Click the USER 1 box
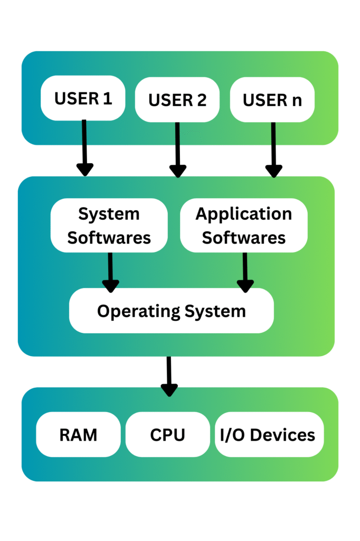pyautogui.click(x=83, y=98)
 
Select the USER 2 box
pyautogui.click(x=177, y=100)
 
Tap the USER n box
pyautogui.click(x=272, y=100)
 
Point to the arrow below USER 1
pyautogui.click(x=84, y=148)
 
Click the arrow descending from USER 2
pyautogui.click(x=177, y=151)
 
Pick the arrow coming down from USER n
pyautogui.click(x=273, y=151)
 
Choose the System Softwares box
pyautogui.click(x=109, y=226)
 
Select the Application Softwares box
pyautogui.click(x=243, y=226)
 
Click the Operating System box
pyautogui.click(x=172, y=311)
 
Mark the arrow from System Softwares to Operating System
pyautogui.click(x=110, y=272)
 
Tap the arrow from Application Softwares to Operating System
pyautogui.click(x=245, y=272)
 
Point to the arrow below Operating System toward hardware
pyautogui.click(x=169, y=376)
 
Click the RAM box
pyautogui.click(x=78, y=435)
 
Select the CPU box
pyautogui.click(x=167, y=435)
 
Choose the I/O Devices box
pyautogui.click(x=268, y=435)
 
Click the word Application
pyautogui.click(x=243, y=214)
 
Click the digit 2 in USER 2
pyautogui.click(x=201, y=100)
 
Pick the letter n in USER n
pyautogui.click(x=297, y=100)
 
